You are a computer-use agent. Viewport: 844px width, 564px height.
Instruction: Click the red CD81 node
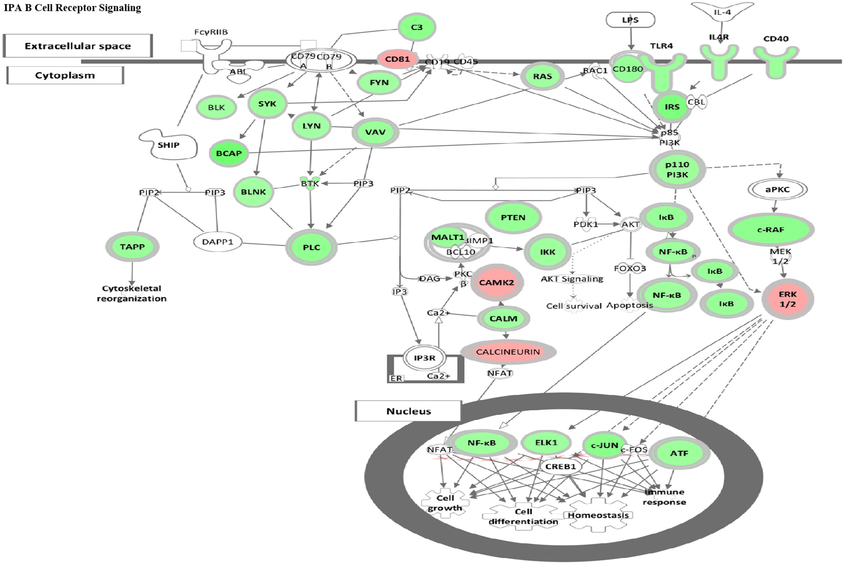point(397,59)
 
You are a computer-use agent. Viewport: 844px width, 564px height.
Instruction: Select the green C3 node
point(417,27)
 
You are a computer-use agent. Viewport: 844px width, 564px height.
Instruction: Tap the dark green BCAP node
point(229,153)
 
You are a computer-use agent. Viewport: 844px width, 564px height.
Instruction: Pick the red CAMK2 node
point(496,283)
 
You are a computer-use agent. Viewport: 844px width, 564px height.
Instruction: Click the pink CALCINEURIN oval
point(508,352)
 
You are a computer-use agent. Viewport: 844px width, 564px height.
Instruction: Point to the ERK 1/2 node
point(787,299)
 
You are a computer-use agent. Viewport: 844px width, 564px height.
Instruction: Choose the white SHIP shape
point(168,145)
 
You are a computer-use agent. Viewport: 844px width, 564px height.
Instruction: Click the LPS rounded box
point(630,20)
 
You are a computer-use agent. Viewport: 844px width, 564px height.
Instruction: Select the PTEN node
point(513,218)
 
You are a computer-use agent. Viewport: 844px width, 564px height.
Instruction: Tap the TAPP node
point(132,247)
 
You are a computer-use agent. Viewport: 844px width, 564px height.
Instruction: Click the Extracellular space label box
point(78,46)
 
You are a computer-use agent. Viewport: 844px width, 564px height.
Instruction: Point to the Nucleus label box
point(408,411)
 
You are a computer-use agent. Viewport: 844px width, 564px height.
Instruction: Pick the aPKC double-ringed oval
point(777,189)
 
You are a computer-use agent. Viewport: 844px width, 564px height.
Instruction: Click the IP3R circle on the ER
point(424,358)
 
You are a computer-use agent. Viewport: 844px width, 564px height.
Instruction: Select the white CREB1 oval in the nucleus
point(560,467)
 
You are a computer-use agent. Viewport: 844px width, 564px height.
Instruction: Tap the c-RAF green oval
point(770,230)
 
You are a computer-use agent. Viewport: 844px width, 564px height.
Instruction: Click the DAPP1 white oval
point(217,242)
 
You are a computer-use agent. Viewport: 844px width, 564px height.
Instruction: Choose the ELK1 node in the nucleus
point(546,443)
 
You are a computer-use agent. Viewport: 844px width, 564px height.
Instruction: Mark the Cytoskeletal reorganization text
point(132,294)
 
